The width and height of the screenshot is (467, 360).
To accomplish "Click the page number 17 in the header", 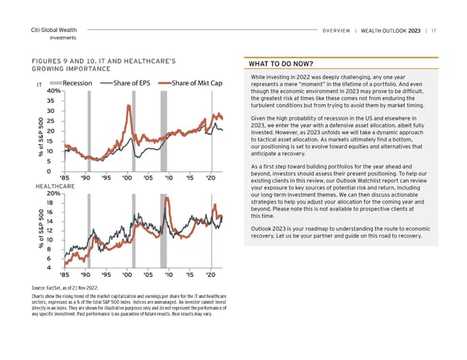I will pyautogui.click(x=434, y=31).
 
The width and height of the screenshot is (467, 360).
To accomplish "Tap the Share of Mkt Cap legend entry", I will pyautogui.click(x=195, y=83).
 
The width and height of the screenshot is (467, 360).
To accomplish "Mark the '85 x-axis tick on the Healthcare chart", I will pyautogui.click(x=65, y=275).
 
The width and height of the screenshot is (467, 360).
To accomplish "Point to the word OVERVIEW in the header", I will pyautogui.click(x=337, y=31).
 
